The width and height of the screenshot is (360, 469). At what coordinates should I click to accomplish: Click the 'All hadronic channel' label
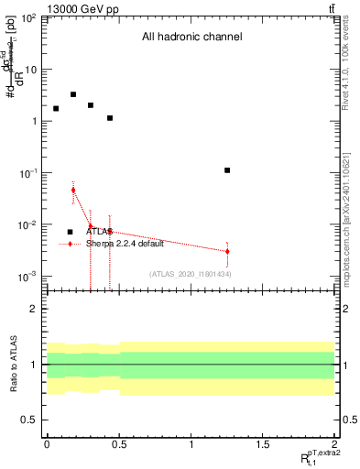tap(191, 38)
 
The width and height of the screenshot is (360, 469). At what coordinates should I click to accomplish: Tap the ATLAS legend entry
tap(99, 232)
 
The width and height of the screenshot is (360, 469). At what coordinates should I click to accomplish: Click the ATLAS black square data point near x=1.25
tap(227, 170)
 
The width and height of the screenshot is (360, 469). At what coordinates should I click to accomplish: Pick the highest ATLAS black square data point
tap(73, 94)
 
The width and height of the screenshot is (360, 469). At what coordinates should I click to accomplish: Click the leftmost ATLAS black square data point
tap(56, 108)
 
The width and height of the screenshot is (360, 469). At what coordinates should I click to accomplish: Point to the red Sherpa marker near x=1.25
tap(227, 251)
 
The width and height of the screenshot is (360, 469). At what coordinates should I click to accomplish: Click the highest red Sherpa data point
tap(73, 190)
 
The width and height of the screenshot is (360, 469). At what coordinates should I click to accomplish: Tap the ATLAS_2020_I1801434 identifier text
tap(191, 274)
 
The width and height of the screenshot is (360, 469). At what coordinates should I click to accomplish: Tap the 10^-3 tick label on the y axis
tap(28, 277)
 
